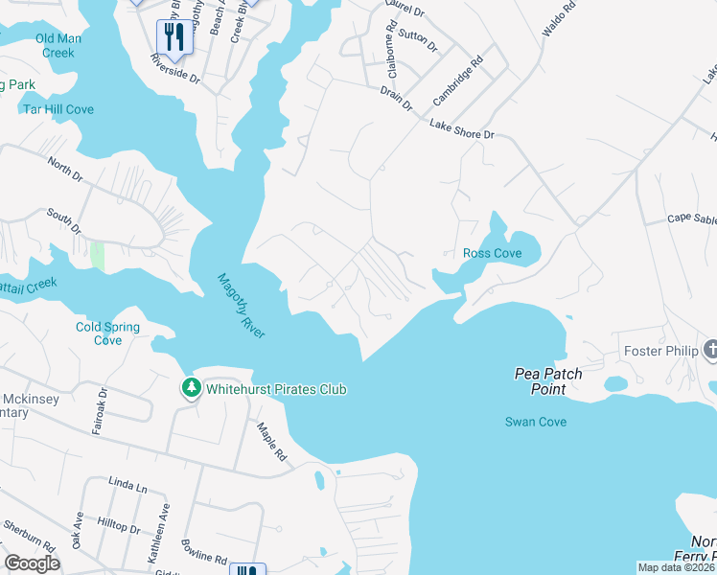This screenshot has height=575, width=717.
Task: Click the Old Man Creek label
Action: [58, 45]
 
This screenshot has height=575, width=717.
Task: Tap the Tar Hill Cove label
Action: [58, 109]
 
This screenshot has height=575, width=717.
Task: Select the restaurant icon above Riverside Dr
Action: [173, 37]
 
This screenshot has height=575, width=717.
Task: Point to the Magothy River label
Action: [241, 305]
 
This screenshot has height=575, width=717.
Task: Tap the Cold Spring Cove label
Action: [107, 333]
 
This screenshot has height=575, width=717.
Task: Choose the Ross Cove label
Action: [492, 253]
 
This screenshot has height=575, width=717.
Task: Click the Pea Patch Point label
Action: [548, 381]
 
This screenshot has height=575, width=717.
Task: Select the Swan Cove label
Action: [536, 422]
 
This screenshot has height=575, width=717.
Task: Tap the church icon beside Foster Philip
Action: [709, 350]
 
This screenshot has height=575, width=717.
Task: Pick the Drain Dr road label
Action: [395, 96]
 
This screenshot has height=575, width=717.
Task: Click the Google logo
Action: [33, 563]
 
